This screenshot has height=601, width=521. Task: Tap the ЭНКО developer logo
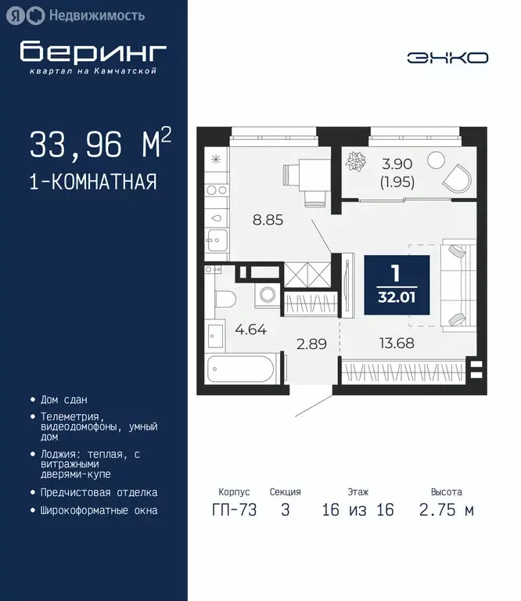click(x=447, y=57)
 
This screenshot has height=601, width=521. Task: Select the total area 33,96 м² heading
click(x=100, y=145)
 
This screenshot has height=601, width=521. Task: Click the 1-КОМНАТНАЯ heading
click(x=93, y=182)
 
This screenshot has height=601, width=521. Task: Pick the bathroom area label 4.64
click(x=251, y=329)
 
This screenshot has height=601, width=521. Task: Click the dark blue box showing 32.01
click(x=397, y=285)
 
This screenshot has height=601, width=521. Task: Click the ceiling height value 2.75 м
click(x=447, y=511)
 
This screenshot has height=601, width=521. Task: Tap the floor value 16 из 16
click(x=358, y=511)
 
